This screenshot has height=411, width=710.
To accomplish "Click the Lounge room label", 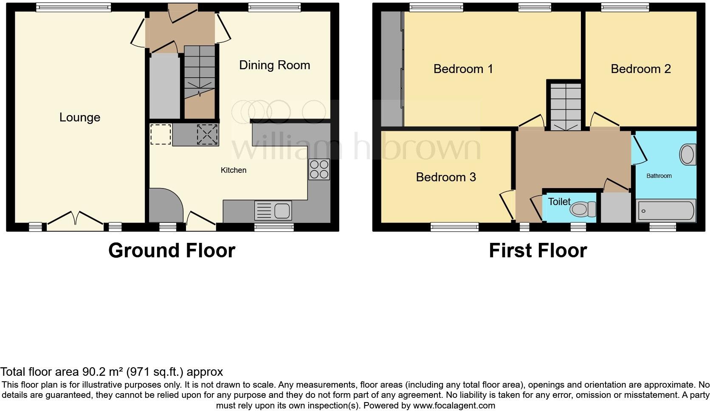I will (x=80, y=118).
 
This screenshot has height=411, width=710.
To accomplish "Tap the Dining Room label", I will (x=274, y=65).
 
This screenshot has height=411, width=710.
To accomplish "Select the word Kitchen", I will (x=233, y=170).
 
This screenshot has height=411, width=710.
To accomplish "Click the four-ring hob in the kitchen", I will (x=319, y=169).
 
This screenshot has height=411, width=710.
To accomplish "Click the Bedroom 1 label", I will (x=463, y=69).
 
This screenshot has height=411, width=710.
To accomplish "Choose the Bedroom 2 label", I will (x=640, y=69).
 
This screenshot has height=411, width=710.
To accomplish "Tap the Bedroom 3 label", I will (x=445, y=177).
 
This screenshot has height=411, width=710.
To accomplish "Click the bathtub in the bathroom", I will (x=665, y=210).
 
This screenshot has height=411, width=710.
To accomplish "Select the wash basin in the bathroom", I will (x=687, y=155).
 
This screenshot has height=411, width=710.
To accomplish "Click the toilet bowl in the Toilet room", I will (x=582, y=209).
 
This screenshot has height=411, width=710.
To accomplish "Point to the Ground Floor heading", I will (x=172, y=251).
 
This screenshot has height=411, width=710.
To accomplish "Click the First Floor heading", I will (x=538, y=251).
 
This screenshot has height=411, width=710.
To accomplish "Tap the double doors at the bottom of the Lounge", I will (x=75, y=219).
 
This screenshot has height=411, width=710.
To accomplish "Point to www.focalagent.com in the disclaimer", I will (x=454, y=405).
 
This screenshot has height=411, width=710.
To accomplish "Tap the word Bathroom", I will (x=659, y=176).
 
